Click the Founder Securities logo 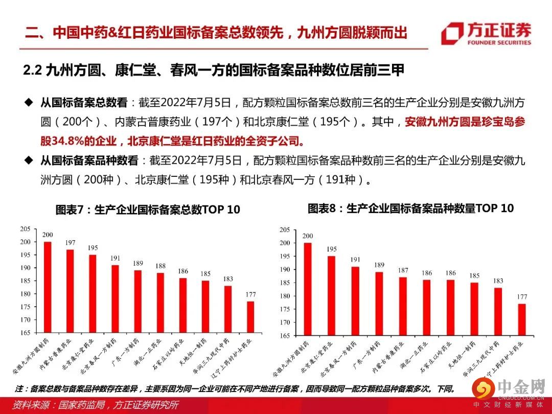pos(486,33)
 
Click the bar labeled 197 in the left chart pos(70,291)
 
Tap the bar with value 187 pos(403,306)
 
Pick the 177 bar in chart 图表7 pos(250,317)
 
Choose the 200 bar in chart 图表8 pos(308,289)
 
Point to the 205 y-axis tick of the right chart pos(286,229)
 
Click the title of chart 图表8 pos(410,209)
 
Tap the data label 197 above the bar pos(70,242)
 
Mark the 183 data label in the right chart pos(498,281)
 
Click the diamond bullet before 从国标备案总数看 pos(29,102)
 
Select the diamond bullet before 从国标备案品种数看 pos(29,160)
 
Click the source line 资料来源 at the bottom pos(96,405)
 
